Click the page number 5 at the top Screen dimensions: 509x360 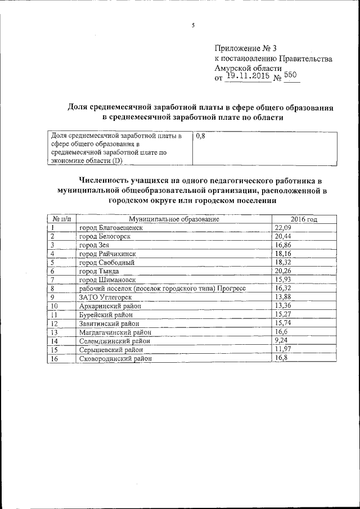point(193,25)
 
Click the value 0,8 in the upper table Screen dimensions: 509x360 point(201,137)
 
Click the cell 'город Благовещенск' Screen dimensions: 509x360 point(111,227)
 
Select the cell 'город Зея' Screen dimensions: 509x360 point(94,245)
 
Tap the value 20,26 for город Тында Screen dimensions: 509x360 point(283,271)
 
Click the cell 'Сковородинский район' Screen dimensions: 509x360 point(116,358)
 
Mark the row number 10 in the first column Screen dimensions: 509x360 point(55,305)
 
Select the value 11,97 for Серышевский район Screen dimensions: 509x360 point(283,349)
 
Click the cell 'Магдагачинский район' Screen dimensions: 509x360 point(116,332)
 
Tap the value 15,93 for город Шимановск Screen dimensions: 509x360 point(283,280)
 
